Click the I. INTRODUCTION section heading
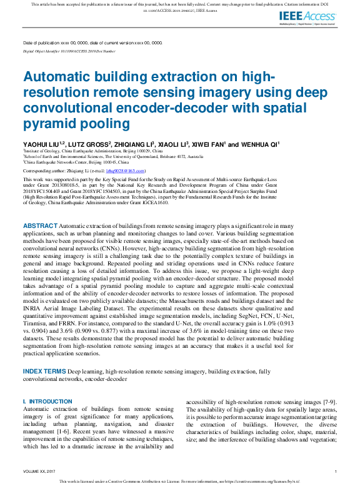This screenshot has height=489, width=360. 47,401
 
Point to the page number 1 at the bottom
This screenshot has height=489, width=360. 336,471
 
